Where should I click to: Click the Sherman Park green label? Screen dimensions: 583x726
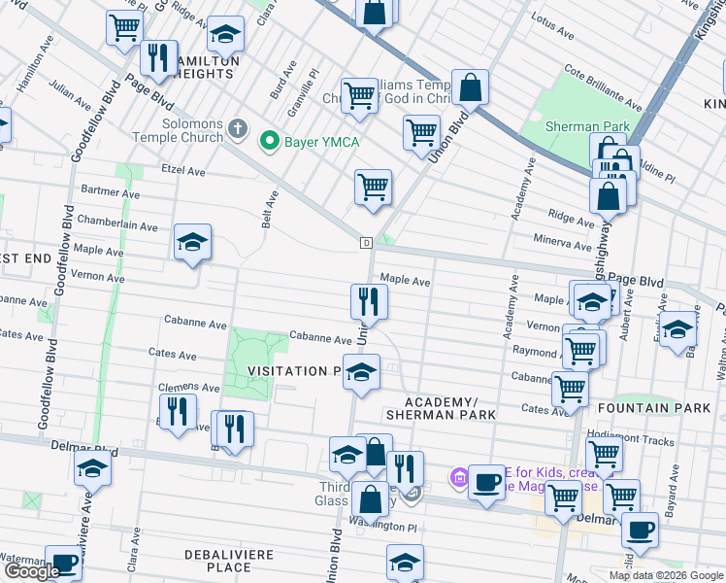coord(587,126)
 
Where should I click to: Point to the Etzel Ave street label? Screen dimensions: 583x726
coord(182,170)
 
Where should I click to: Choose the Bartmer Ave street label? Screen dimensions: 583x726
coord(111,191)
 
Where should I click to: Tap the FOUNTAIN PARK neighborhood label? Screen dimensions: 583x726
coord(654,408)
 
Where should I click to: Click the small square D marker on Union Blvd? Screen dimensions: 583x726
coord(366,242)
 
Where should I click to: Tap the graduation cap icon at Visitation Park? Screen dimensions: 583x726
coord(361,372)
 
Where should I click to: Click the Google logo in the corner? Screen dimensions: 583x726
coord(32,571)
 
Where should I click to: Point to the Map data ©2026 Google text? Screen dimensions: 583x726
coord(666,575)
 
